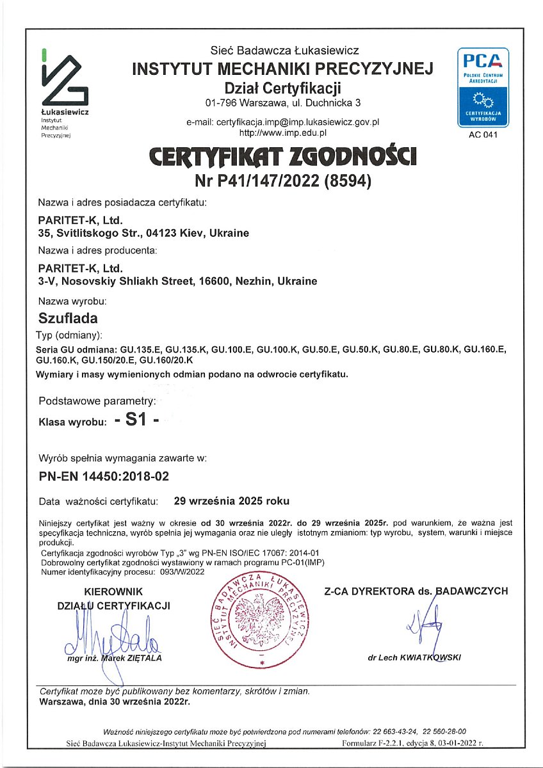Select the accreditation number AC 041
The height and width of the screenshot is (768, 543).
pos(482,134)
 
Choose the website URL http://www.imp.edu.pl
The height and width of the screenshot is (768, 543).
pos(283,132)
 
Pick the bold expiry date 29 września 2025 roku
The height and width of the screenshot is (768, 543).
pos(236,500)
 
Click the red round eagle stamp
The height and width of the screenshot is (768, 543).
pos(261,620)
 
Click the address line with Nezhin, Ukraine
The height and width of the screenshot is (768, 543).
pos(178,281)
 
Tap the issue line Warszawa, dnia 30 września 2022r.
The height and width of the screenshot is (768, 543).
pos(115,701)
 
